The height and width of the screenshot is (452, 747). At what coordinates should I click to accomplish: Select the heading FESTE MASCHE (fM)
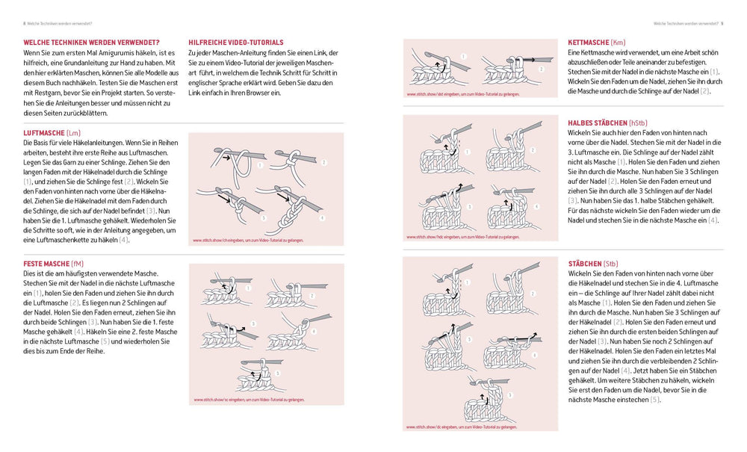(56, 264)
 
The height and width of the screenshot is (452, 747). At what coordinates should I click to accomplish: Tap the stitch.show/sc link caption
(249, 400)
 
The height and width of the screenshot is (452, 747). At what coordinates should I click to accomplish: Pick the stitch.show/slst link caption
(462, 94)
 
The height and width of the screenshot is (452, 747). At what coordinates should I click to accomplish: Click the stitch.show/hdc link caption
(463, 237)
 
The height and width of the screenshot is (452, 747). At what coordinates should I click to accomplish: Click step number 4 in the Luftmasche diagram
(322, 218)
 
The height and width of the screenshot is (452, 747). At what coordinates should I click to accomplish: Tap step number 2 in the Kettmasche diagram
(542, 69)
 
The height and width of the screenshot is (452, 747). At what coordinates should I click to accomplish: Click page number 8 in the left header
(24, 24)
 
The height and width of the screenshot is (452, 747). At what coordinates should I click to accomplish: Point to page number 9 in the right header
(722, 24)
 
